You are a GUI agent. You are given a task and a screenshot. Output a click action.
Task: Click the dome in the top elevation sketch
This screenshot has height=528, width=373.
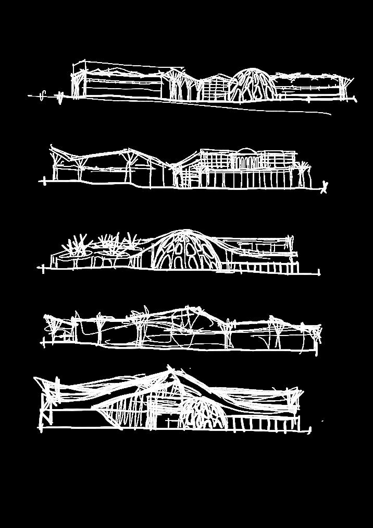click(x=253, y=85)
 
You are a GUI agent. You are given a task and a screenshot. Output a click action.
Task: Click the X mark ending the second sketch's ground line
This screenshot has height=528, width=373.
click(x=325, y=186)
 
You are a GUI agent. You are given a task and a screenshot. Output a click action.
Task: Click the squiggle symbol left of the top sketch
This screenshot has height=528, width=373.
click(x=44, y=95)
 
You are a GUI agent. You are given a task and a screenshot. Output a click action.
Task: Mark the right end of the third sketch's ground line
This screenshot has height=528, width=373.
click(x=318, y=272)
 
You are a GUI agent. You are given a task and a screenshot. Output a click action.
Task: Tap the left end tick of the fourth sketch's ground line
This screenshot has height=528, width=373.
click(x=43, y=342)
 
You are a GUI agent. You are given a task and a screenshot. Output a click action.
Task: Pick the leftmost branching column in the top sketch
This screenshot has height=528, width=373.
click(x=77, y=86)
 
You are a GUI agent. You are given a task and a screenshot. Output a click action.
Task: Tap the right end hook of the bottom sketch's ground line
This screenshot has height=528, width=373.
click(x=309, y=430)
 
